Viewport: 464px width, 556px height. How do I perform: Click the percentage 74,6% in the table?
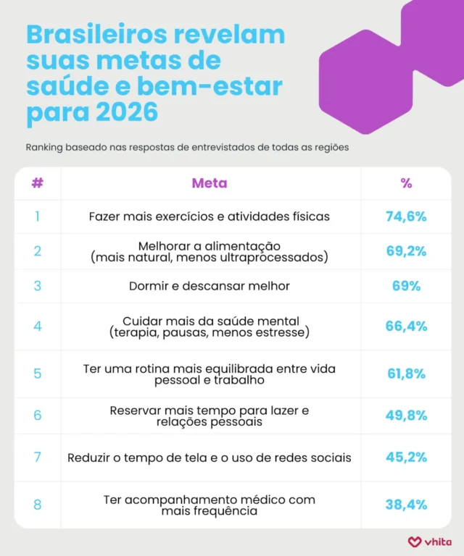point(405,216)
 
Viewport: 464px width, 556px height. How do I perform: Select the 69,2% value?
point(405,250)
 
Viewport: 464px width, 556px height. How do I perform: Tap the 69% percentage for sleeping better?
point(405,286)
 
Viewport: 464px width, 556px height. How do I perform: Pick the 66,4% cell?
point(405,326)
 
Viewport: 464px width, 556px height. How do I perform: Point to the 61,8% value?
point(405,374)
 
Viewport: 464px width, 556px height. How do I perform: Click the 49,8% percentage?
point(405,415)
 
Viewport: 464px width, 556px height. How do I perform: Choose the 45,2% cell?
point(405,458)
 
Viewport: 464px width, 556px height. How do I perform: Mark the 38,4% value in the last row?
point(405,505)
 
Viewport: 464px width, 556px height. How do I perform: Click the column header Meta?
point(209,183)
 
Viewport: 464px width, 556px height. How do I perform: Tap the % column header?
point(405,183)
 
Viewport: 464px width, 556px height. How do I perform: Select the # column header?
point(37,183)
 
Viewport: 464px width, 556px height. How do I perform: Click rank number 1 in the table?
point(37,216)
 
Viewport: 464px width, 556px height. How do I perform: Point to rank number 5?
point(37,374)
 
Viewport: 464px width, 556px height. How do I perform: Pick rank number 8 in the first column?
point(37,505)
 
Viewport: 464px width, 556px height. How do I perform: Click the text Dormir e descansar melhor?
point(209,286)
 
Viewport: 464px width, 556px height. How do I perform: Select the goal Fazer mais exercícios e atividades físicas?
point(209,216)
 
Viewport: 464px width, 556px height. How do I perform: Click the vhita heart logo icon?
point(414,541)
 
